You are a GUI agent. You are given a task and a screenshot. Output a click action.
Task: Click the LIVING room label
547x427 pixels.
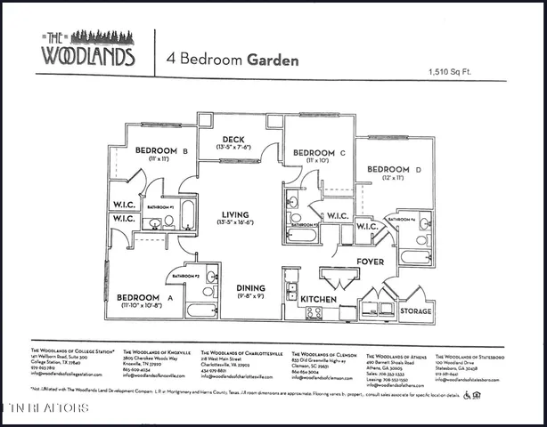235,214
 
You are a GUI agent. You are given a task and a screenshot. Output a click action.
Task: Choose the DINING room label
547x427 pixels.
250,287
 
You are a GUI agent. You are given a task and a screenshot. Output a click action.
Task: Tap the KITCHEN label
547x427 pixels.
318,300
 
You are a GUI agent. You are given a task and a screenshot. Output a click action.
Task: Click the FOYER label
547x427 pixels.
370,262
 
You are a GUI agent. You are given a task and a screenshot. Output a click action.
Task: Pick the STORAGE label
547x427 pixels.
415,311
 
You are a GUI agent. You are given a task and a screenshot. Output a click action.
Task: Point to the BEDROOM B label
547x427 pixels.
160,150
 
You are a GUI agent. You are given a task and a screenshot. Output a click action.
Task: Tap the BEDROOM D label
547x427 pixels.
388,169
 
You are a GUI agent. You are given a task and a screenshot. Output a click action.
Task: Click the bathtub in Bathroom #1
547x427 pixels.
188,215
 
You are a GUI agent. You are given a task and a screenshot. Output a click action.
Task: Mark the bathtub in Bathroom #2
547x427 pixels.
201,310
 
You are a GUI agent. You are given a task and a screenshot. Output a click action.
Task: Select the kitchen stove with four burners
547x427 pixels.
314,312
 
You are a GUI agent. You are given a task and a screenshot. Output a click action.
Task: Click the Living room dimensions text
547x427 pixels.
235,225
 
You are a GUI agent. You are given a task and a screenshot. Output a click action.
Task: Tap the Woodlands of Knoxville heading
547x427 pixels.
152,351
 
